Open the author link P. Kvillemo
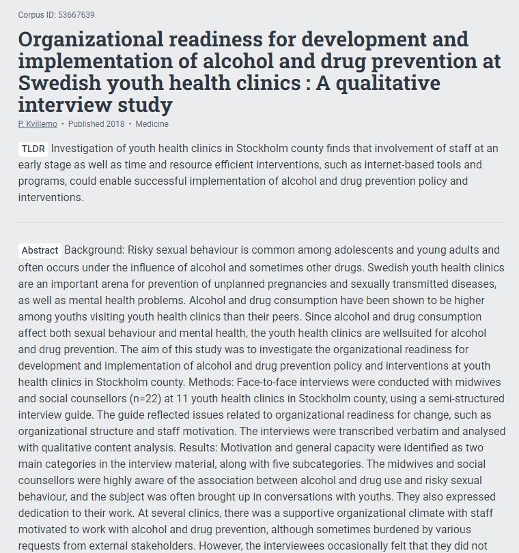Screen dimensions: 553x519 (38, 124)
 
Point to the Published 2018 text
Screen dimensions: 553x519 (96, 124)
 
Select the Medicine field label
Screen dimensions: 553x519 (152, 124)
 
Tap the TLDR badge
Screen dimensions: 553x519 (33, 149)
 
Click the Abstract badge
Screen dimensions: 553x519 (40, 250)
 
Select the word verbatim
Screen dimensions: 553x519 (402, 432)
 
